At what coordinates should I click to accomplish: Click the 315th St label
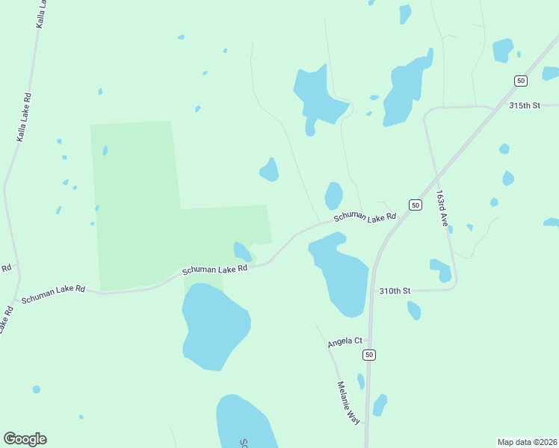(x=524, y=105)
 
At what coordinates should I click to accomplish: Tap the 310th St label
(x=395, y=290)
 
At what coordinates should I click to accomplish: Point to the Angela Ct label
(x=345, y=342)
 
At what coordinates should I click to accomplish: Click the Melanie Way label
(x=348, y=403)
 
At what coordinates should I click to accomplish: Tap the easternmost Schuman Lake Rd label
(x=364, y=217)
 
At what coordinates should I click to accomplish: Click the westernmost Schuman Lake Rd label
(x=53, y=293)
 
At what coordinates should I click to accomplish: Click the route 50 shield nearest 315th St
(x=520, y=80)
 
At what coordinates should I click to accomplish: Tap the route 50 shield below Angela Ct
(x=368, y=354)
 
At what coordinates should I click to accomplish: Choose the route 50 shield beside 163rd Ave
(x=415, y=205)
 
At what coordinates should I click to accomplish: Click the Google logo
(x=25, y=439)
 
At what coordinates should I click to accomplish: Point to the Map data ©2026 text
(x=527, y=442)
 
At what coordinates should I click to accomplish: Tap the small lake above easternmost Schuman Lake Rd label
(x=333, y=196)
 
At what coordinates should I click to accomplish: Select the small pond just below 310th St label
(x=414, y=310)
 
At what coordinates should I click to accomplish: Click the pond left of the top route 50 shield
(x=502, y=50)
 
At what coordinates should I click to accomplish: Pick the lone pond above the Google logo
(x=36, y=390)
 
